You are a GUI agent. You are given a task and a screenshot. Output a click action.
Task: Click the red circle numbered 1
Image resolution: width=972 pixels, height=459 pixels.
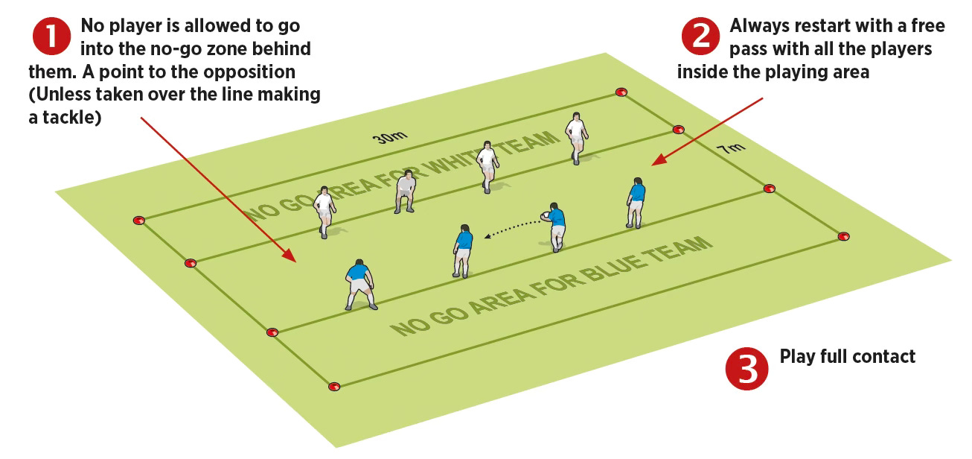[x=51, y=36]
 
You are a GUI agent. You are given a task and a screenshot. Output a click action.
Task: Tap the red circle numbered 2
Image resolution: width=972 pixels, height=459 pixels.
[x=700, y=36]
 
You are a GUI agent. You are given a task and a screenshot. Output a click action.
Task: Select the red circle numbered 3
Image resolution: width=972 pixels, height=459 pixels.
[x=746, y=368]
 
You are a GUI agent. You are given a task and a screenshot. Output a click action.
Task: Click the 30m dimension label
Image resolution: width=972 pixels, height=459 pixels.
[x=390, y=137]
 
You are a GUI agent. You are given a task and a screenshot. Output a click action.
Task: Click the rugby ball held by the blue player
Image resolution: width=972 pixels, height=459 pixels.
[x=545, y=216]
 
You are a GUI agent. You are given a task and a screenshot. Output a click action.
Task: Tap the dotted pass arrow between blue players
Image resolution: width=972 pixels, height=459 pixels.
[x=512, y=229]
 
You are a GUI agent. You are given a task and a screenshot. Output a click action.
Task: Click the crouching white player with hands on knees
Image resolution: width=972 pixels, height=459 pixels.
[x=405, y=191]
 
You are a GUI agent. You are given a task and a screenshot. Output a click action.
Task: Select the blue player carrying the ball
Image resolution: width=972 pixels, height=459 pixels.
[x=554, y=227]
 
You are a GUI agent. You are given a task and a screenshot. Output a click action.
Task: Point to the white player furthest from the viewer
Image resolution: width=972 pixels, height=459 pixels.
[x=576, y=138]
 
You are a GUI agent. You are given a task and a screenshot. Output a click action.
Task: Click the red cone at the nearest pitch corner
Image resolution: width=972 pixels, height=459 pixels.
[x=333, y=387]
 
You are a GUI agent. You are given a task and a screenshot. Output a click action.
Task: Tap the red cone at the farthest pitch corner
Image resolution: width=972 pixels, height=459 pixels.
[x=621, y=92]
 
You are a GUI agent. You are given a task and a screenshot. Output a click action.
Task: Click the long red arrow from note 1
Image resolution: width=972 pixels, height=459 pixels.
[x=218, y=190]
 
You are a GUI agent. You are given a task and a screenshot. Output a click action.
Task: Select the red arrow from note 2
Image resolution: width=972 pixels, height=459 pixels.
[x=707, y=132]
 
